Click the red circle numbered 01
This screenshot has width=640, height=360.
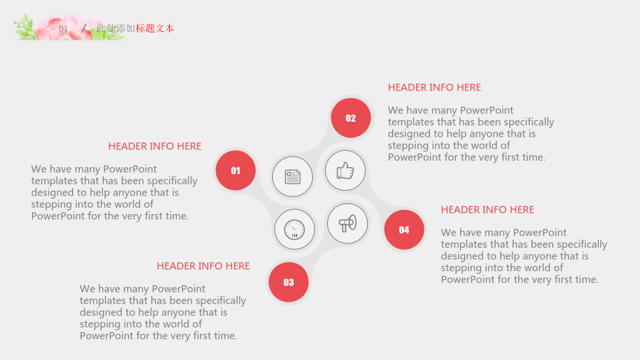click(235, 170)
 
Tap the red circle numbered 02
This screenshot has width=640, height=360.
click(351, 118)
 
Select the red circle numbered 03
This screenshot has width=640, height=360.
click(289, 282)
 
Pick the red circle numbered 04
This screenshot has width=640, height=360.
click(404, 230)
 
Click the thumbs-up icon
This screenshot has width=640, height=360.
click(346, 171)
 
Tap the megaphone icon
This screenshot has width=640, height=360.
click(347, 223)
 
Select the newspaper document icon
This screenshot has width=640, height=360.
click(293, 176)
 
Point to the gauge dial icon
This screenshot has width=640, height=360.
click(294, 229)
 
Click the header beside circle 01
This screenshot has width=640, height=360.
click(155, 146)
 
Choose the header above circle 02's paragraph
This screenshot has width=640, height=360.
click(434, 88)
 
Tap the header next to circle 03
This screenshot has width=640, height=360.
click(203, 266)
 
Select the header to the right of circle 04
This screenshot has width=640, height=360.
click(487, 210)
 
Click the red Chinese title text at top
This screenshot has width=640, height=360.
click(155, 28)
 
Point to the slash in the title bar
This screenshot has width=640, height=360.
click(84, 28)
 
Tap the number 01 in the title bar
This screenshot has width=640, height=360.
click(63, 28)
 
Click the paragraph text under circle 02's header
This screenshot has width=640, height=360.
click(471, 134)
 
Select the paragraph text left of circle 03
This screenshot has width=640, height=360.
click(163, 312)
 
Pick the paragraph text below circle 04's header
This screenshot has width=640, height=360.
click(524, 256)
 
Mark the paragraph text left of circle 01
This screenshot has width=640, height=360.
click(114, 192)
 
